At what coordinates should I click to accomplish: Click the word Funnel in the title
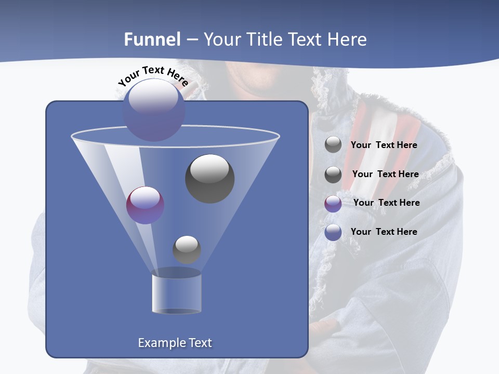[152, 39]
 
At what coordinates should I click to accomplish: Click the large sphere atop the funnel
[153, 110]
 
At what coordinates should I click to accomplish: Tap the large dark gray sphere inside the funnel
[209, 179]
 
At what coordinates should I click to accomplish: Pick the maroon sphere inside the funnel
[145, 205]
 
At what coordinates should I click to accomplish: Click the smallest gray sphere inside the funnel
[187, 249]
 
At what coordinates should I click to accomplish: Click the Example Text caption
[175, 343]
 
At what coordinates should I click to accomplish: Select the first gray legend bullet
[333, 145]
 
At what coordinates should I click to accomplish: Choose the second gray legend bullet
[333, 175]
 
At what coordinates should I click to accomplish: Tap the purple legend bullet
[333, 204]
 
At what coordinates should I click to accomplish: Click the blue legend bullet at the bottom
[333, 233]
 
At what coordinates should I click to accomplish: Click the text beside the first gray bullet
[384, 145]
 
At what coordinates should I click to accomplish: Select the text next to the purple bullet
[386, 203]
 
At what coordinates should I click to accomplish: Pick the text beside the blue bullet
[384, 232]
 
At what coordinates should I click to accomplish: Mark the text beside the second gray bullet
[385, 174]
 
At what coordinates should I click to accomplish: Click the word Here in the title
[348, 39]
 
